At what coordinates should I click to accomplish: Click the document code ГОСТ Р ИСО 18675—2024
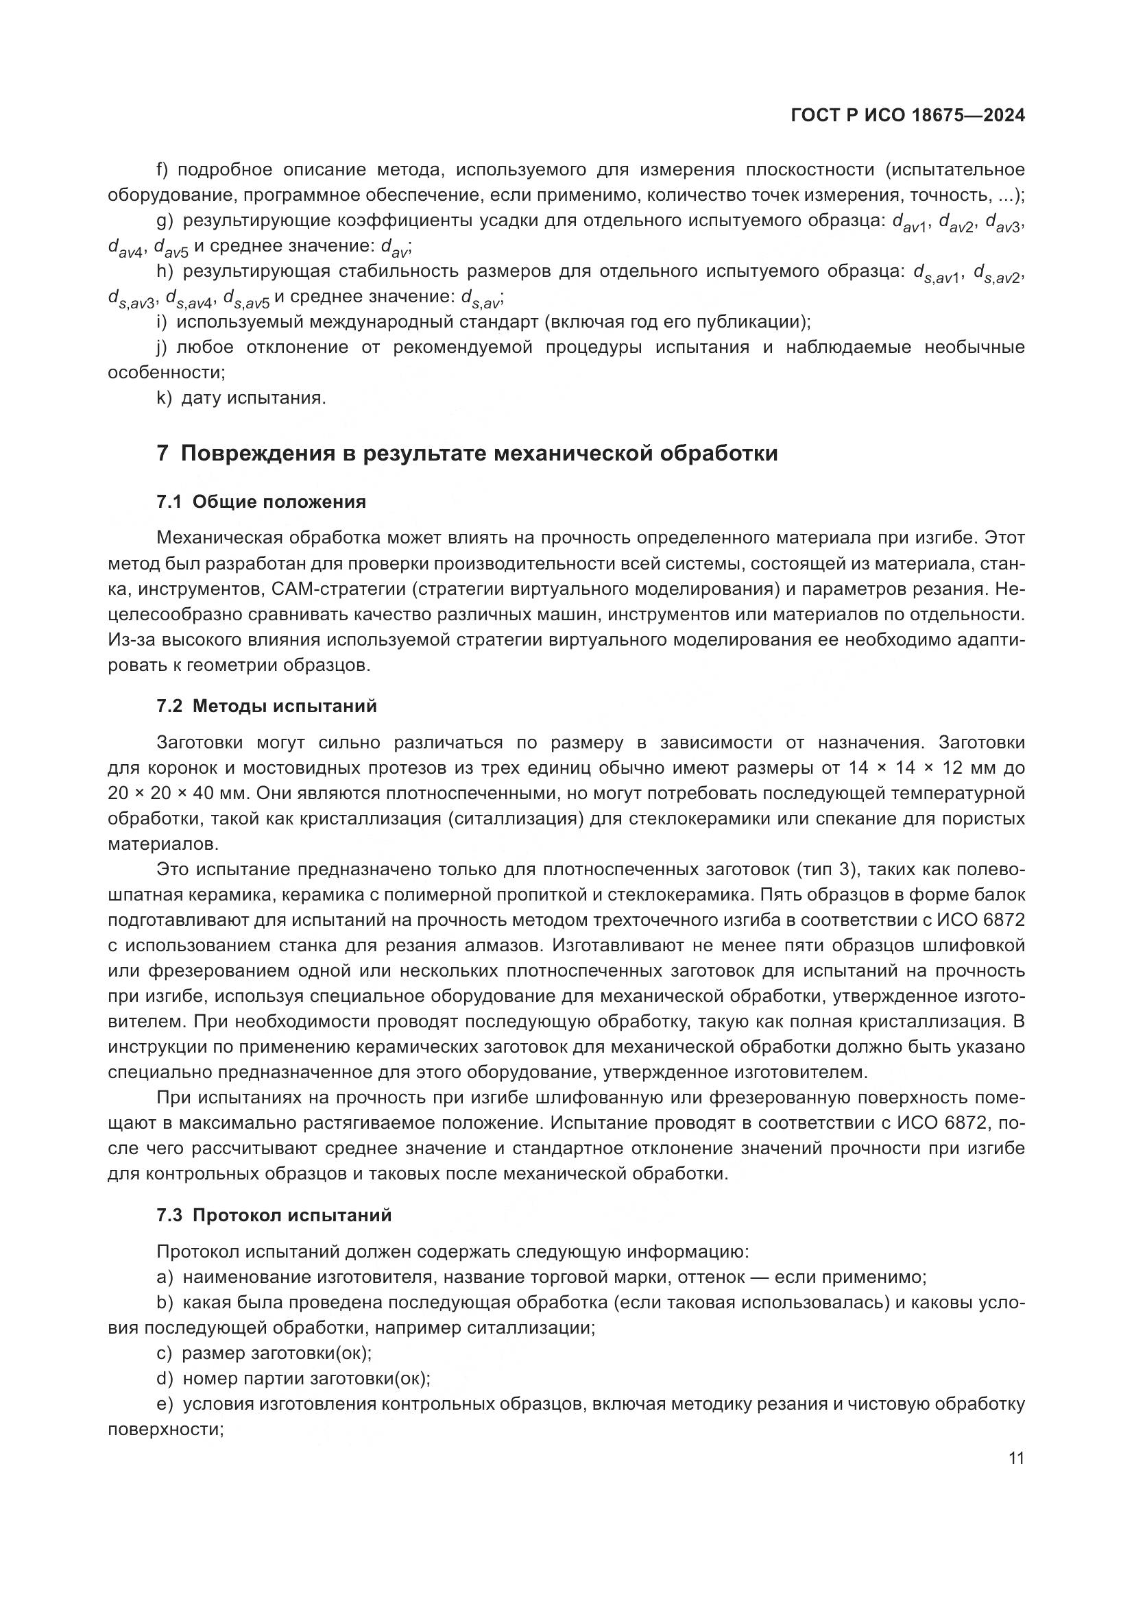[x=907, y=115]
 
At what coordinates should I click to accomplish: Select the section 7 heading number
[x=162, y=453]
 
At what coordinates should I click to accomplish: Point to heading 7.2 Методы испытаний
[x=266, y=706]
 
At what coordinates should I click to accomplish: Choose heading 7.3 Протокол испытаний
[x=274, y=1215]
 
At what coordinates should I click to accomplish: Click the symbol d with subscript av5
[x=171, y=247]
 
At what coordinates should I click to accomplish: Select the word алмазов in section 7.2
[x=507, y=945]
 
